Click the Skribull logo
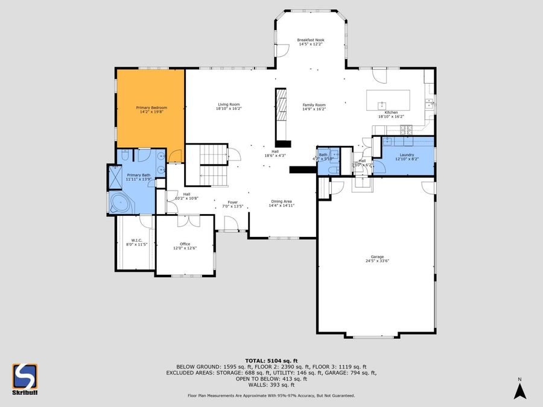point(25,379)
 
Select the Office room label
point(185,244)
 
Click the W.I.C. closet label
point(136,240)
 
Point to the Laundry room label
point(405,155)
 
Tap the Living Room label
point(229,105)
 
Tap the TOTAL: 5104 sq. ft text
point(271,360)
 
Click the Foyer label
point(232,202)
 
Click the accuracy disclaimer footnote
point(271,396)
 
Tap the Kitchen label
point(392,113)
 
